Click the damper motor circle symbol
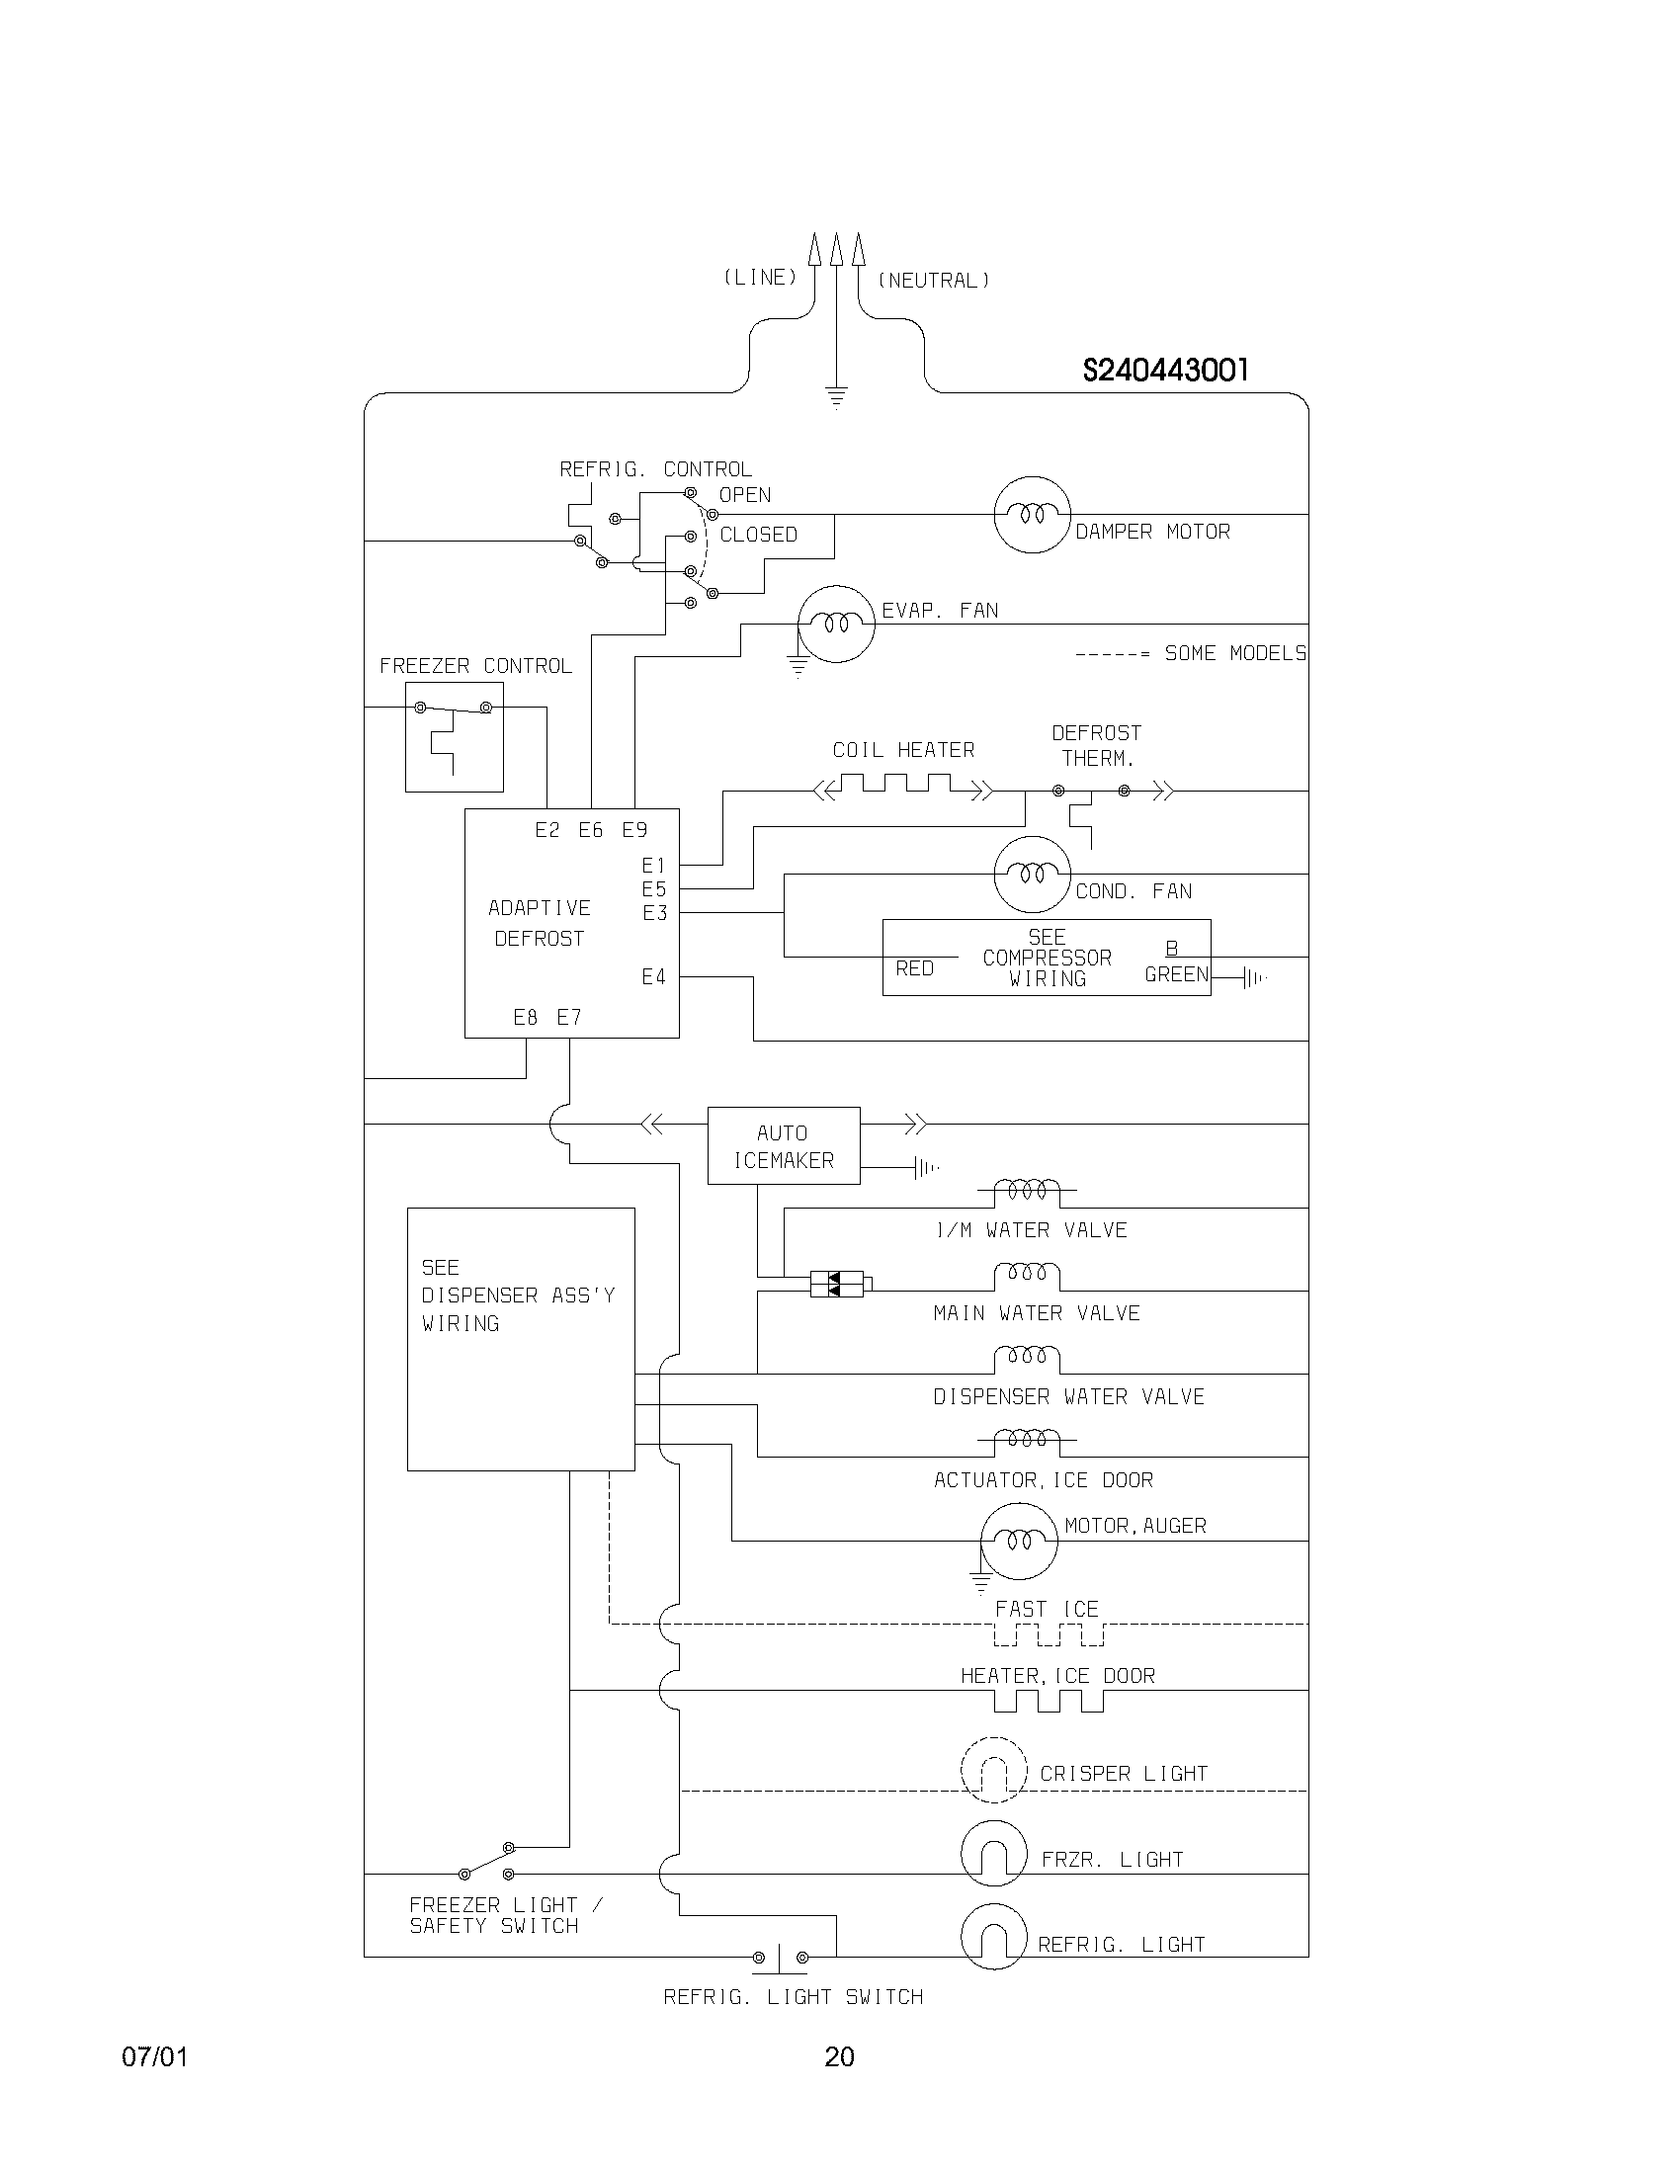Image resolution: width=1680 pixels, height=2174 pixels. [x=1032, y=515]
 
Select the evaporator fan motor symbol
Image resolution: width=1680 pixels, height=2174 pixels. [x=837, y=625]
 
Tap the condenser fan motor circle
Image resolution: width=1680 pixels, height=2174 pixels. [x=1032, y=874]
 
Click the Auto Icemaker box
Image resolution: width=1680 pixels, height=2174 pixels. [x=784, y=1145]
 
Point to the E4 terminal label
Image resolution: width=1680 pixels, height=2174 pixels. [x=653, y=977]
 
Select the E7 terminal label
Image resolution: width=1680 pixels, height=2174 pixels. [x=568, y=1017]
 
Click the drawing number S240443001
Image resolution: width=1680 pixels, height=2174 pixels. [x=1164, y=371]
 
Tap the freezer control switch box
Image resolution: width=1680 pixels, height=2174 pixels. [x=454, y=736]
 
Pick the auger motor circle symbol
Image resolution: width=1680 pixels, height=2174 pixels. [x=1018, y=1541]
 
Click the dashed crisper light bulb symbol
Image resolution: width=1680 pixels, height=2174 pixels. [x=993, y=1770]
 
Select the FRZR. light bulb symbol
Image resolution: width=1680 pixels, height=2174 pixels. [x=993, y=1854]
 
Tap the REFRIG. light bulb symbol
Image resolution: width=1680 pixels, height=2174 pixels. [x=993, y=1937]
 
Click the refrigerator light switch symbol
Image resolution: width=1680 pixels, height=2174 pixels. [x=780, y=1958]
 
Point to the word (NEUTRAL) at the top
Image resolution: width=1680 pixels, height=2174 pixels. [x=933, y=281]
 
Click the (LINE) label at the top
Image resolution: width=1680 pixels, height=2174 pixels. [x=759, y=278]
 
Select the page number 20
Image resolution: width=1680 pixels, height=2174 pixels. [x=839, y=2057]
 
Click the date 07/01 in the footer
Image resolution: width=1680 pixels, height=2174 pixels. [x=154, y=2057]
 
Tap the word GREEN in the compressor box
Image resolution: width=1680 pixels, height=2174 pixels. [x=1175, y=974]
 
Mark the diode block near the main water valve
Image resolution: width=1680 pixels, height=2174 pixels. [x=836, y=1284]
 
